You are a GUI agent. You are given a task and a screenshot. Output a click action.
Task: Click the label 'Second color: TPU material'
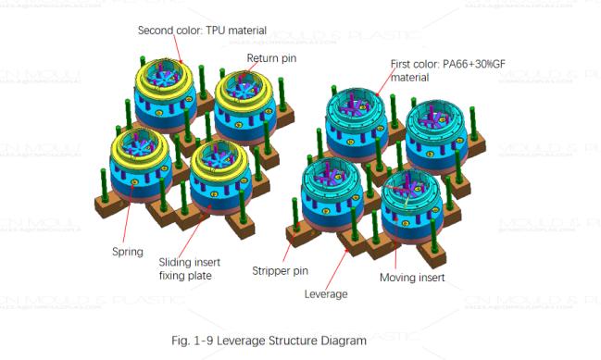click(195, 30)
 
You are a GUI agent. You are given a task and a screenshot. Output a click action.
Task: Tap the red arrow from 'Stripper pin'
click(292, 249)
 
